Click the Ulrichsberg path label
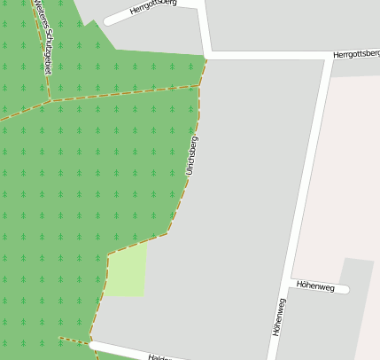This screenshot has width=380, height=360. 192,154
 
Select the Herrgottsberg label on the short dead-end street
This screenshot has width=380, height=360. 152,8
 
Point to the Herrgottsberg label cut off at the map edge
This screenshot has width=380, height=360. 356,54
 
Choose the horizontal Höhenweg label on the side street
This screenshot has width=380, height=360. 315,287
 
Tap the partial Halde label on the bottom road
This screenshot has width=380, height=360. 159,357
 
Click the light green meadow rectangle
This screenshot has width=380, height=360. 127,271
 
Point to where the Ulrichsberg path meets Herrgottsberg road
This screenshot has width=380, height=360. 206,58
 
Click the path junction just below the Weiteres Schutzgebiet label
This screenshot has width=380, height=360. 50,100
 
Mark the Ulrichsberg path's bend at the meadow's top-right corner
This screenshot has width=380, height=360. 166,234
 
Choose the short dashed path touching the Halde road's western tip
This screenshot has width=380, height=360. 74,340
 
